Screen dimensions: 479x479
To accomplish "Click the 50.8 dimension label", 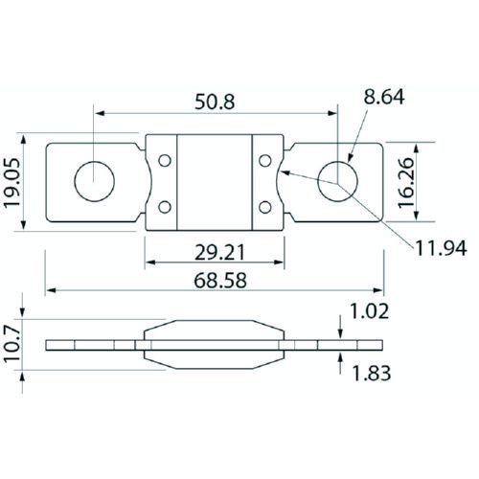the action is click(x=215, y=102).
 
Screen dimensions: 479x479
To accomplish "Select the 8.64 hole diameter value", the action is click(x=384, y=97).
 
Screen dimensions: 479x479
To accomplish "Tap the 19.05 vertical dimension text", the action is click(x=12, y=182).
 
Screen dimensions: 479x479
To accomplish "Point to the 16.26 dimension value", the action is click(x=406, y=183).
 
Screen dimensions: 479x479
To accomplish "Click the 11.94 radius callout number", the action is click(x=441, y=248).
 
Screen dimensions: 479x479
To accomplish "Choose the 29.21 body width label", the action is click(x=220, y=252).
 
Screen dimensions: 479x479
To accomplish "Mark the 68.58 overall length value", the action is click(x=220, y=281).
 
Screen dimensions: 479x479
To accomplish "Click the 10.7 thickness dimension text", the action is click(x=12, y=345).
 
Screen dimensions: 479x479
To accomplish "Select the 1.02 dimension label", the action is click(x=370, y=311).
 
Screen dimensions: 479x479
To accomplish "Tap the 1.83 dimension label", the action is click(x=371, y=374).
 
